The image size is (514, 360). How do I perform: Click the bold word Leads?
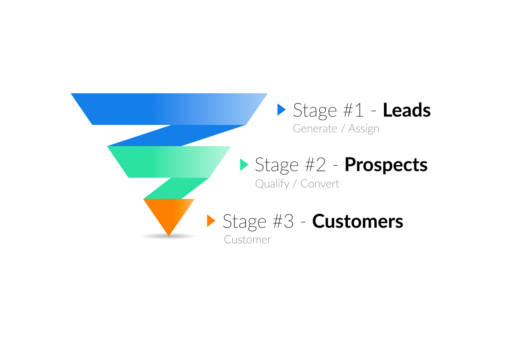(x=407, y=110)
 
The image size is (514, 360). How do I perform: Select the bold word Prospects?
(x=386, y=165)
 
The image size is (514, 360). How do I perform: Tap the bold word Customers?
(x=358, y=221)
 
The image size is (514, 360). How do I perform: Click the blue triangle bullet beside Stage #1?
(x=282, y=110)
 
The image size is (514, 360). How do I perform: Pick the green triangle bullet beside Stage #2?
(x=244, y=165)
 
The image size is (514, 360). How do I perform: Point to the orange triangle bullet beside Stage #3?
(x=211, y=221)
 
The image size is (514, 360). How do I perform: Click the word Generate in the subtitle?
(x=315, y=128)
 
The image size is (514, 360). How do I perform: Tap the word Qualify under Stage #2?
(x=272, y=184)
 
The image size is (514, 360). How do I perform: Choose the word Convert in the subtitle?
(x=320, y=184)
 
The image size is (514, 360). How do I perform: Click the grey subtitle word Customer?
(x=247, y=240)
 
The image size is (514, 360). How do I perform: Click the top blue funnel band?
(x=169, y=109)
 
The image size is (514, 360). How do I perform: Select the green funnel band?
(x=169, y=162)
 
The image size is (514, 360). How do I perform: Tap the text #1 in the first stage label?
(x=353, y=110)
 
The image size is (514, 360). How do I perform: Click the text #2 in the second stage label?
(x=315, y=165)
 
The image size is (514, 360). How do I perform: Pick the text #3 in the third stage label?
(x=283, y=221)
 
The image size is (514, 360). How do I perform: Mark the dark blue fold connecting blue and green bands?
(x=177, y=136)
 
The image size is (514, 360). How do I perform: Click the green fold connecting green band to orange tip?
(x=176, y=188)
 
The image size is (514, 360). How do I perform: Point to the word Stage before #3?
(x=245, y=222)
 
